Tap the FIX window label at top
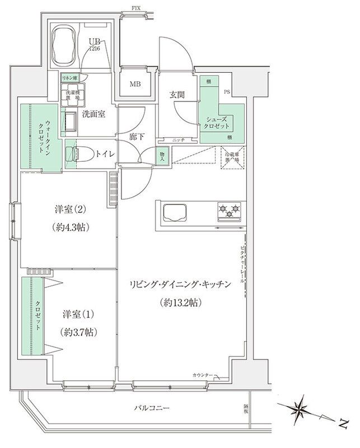coord(136,7)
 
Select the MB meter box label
coord(135,85)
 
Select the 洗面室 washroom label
coord(94,114)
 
